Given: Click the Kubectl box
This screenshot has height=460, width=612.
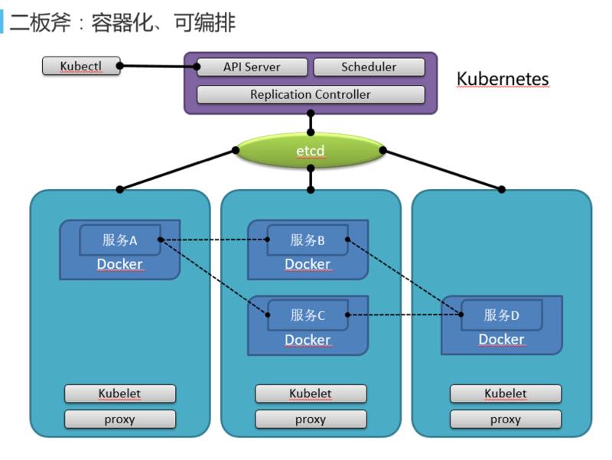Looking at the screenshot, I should click(x=81, y=67).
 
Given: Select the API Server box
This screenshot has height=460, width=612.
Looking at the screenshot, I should click(x=252, y=67).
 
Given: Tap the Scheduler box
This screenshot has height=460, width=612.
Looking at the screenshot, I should click(x=369, y=67).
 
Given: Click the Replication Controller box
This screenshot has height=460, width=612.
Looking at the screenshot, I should click(x=310, y=95).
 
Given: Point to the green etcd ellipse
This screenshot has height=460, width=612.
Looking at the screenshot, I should click(x=311, y=152).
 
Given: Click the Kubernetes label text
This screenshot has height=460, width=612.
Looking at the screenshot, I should click(x=503, y=79).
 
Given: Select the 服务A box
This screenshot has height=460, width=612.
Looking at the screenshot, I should click(x=119, y=240).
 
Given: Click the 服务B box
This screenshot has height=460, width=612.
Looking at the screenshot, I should click(x=308, y=240).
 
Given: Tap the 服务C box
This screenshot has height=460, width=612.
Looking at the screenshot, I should click(x=308, y=315).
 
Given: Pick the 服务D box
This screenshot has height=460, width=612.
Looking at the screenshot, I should click(x=502, y=315).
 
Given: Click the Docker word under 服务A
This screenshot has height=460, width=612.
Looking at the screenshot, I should click(x=119, y=265).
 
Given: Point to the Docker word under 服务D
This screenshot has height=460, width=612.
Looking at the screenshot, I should click(x=501, y=339).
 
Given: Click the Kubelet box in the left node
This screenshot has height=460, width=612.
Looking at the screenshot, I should click(x=119, y=394).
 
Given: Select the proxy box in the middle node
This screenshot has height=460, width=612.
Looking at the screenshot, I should click(x=311, y=419).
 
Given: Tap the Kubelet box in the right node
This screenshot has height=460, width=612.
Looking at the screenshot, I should click(x=505, y=394).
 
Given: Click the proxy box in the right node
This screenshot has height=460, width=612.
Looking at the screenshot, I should click(x=505, y=419).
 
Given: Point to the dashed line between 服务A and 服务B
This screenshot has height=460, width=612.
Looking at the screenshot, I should click(x=214, y=240).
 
